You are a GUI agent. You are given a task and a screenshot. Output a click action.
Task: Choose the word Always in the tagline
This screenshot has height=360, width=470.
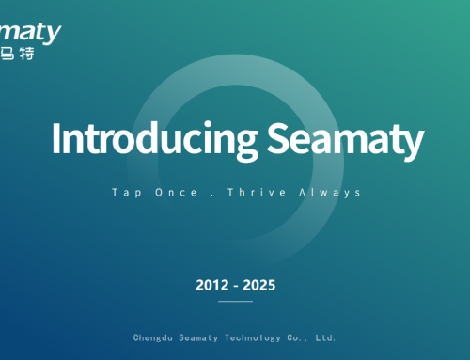click(329, 192)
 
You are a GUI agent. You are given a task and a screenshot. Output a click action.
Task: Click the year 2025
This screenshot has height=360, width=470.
click(260, 284)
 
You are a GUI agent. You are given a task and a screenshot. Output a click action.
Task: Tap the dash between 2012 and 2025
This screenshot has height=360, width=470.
click(235, 285)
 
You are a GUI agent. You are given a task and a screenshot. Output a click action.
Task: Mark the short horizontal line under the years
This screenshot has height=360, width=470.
click(235, 302)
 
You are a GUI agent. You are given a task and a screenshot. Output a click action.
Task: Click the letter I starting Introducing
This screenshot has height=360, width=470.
click(56, 139)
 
